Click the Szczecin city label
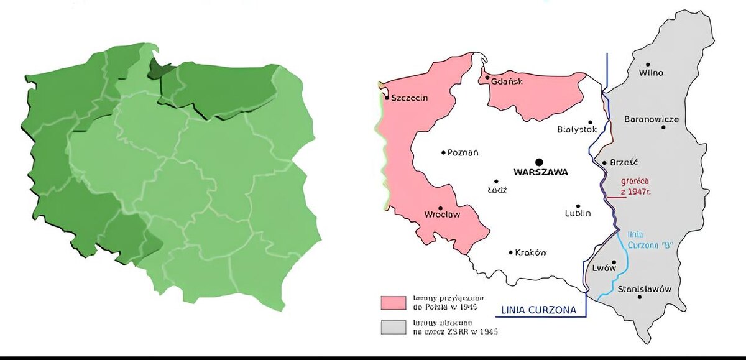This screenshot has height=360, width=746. (x=410, y=98)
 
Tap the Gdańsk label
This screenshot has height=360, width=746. (x=507, y=81)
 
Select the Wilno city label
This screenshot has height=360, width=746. (x=651, y=73)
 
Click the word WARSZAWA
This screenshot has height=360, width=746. (x=540, y=172)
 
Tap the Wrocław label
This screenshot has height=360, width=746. (x=441, y=215)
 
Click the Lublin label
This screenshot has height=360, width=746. (x=578, y=214)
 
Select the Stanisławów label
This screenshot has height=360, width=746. (x=645, y=289)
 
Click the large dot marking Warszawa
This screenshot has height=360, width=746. (x=539, y=162)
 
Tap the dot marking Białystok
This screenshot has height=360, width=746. (x=590, y=122)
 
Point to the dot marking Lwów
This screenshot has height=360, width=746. (x=614, y=262)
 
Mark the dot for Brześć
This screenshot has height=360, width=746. (x=604, y=163)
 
